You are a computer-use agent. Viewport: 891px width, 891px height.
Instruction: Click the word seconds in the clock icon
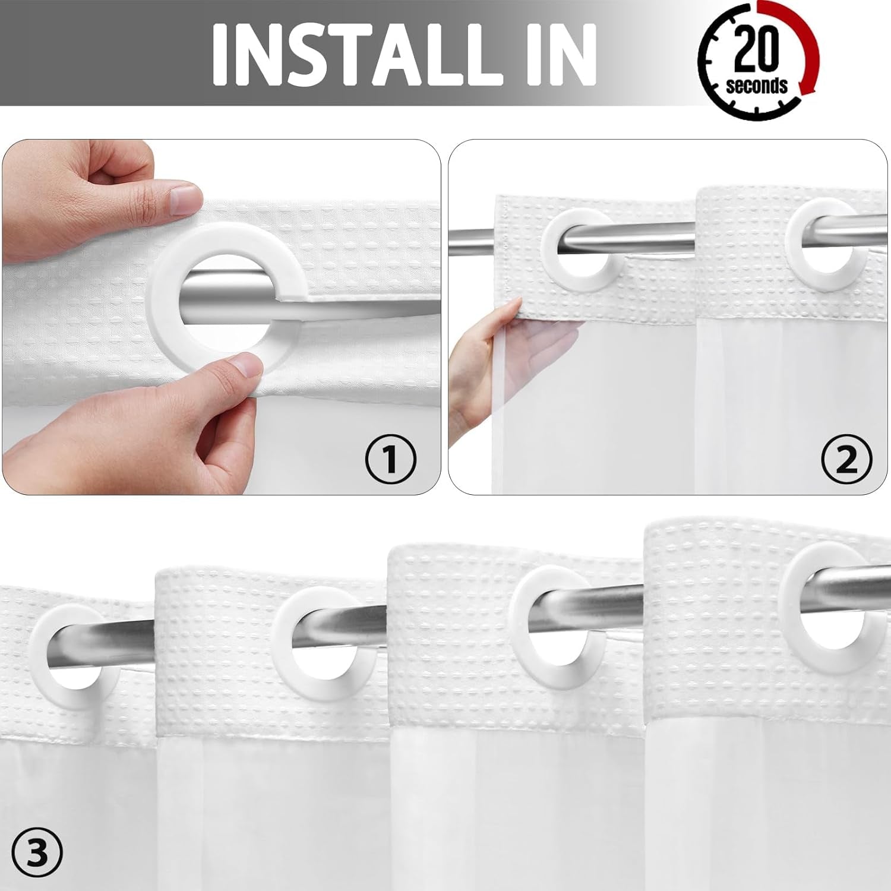(x=756, y=86)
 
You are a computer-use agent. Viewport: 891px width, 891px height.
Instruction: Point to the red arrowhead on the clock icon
(x=807, y=87)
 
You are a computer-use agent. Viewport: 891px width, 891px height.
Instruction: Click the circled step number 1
(x=390, y=459)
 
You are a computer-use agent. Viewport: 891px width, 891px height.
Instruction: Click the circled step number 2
(x=846, y=459)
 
